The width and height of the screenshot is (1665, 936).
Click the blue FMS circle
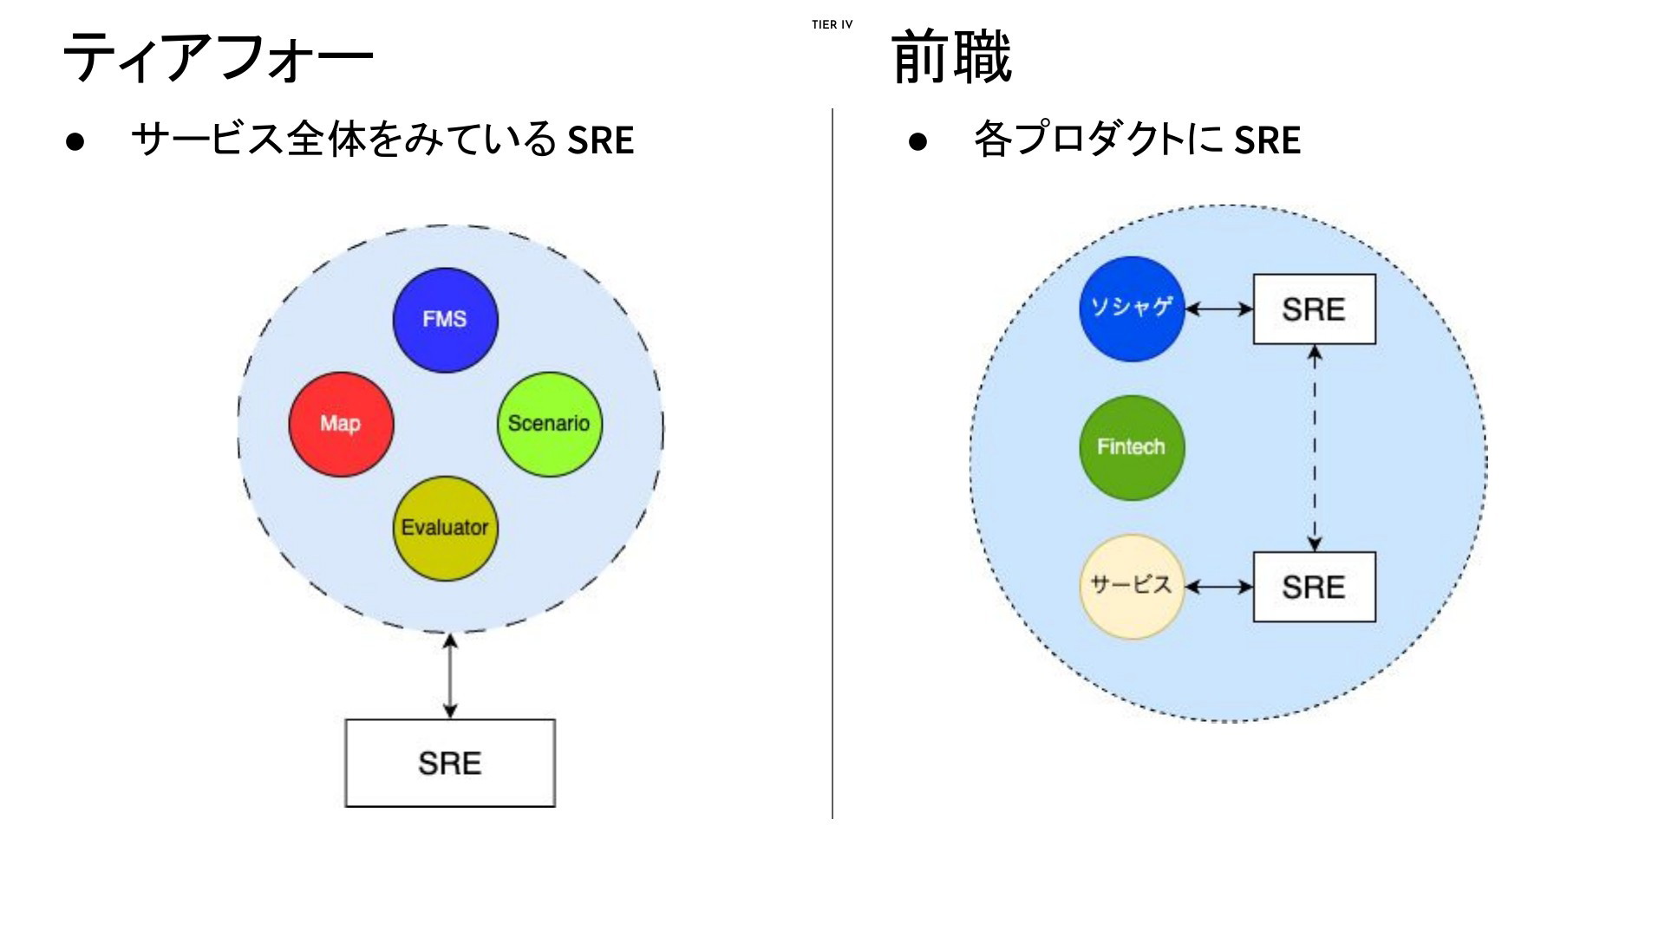(x=445, y=320)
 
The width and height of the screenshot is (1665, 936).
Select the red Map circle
(x=341, y=424)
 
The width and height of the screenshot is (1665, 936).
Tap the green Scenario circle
(x=550, y=424)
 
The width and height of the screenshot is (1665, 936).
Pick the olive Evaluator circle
(x=445, y=528)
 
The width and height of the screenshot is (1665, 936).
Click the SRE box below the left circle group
(x=450, y=763)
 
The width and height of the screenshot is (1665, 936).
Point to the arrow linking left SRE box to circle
(x=449, y=676)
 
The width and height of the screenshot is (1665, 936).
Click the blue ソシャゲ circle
(x=1132, y=309)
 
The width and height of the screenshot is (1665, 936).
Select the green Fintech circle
(x=1132, y=447)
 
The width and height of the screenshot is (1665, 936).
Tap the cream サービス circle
(x=1132, y=587)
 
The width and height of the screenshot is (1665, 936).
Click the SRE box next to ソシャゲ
(x=1315, y=309)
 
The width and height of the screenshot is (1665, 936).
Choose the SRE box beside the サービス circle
(x=1315, y=587)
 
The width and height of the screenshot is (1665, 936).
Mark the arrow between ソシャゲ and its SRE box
(x=1219, y=309)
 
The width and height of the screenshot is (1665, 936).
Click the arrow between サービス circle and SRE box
(x=1219, y=587)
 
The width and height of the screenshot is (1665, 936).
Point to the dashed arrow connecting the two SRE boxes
(x=1315, y=448)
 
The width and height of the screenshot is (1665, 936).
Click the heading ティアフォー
(x=218, y=57)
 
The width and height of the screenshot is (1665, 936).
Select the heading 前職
(x=951, y=56)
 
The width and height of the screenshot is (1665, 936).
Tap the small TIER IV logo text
(x=832, y=25)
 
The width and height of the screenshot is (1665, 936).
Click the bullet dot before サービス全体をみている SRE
(x=75, y=141)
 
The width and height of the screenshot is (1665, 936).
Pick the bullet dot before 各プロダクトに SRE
(x=917, y=141)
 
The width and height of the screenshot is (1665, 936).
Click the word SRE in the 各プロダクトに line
(x=1267, y=140)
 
